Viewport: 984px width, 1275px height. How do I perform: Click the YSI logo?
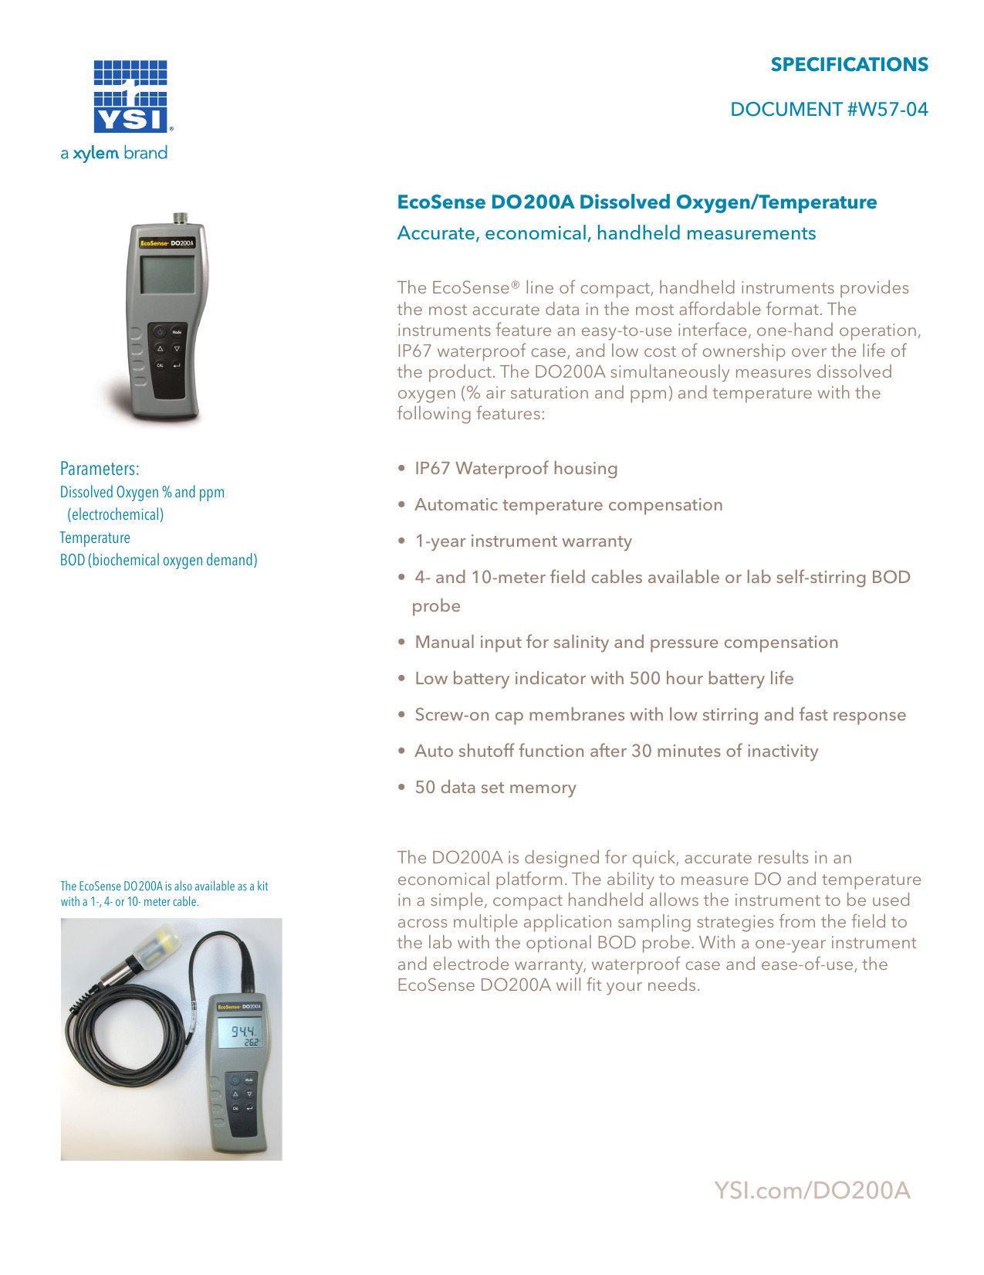coord(131,97)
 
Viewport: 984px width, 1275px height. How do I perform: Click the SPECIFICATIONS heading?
coord(849,65)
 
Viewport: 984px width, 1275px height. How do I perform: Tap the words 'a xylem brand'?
coord(114,153)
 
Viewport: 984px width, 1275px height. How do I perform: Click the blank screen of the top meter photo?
coord(167,273)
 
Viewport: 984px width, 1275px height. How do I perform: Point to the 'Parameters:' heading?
coord(100,469)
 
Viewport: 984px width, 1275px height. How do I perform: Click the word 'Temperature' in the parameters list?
coord(95,537)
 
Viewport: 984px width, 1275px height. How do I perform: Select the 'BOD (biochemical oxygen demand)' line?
coord(158,560)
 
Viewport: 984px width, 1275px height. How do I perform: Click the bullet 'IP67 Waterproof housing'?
coord(516,469)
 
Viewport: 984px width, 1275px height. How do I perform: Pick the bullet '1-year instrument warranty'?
coord(523,541)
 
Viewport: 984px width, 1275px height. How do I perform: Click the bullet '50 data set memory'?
coord(495,788)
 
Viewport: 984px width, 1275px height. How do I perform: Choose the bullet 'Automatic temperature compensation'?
coord(569,505)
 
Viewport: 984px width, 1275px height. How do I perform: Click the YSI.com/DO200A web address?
coord(812,1190)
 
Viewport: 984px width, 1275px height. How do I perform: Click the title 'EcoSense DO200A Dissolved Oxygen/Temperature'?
coord(637,202)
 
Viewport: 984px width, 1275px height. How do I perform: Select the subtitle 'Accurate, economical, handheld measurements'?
coord(606,233)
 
